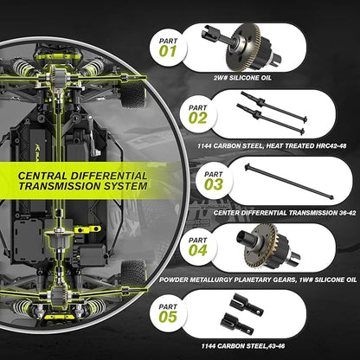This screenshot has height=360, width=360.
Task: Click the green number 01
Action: [168, 52]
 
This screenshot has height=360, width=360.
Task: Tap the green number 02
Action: [198, 119]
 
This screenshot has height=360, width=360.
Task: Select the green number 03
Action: [214, 184]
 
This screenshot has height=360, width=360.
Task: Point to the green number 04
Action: [198, 250]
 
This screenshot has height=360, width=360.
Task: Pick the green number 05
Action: [168, 317]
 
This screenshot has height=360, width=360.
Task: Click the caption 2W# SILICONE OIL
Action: [242, 78]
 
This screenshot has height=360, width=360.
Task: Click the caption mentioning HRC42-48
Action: [272, 146]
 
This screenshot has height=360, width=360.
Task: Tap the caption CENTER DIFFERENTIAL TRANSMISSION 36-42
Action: [285, 213]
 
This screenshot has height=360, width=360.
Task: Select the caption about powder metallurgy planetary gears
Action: [258, 280]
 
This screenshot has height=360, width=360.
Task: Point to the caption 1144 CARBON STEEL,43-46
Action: [243, 346]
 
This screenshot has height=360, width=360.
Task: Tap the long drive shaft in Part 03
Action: [289, 181]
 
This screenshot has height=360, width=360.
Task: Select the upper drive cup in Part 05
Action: [247, 305]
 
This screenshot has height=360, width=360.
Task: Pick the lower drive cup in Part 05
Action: [237, 324]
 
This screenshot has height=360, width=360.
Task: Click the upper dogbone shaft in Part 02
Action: [273, 106]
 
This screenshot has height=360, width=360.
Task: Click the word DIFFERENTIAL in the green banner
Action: [109, 176]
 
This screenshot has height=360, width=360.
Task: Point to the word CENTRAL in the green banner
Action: [42, 176]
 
